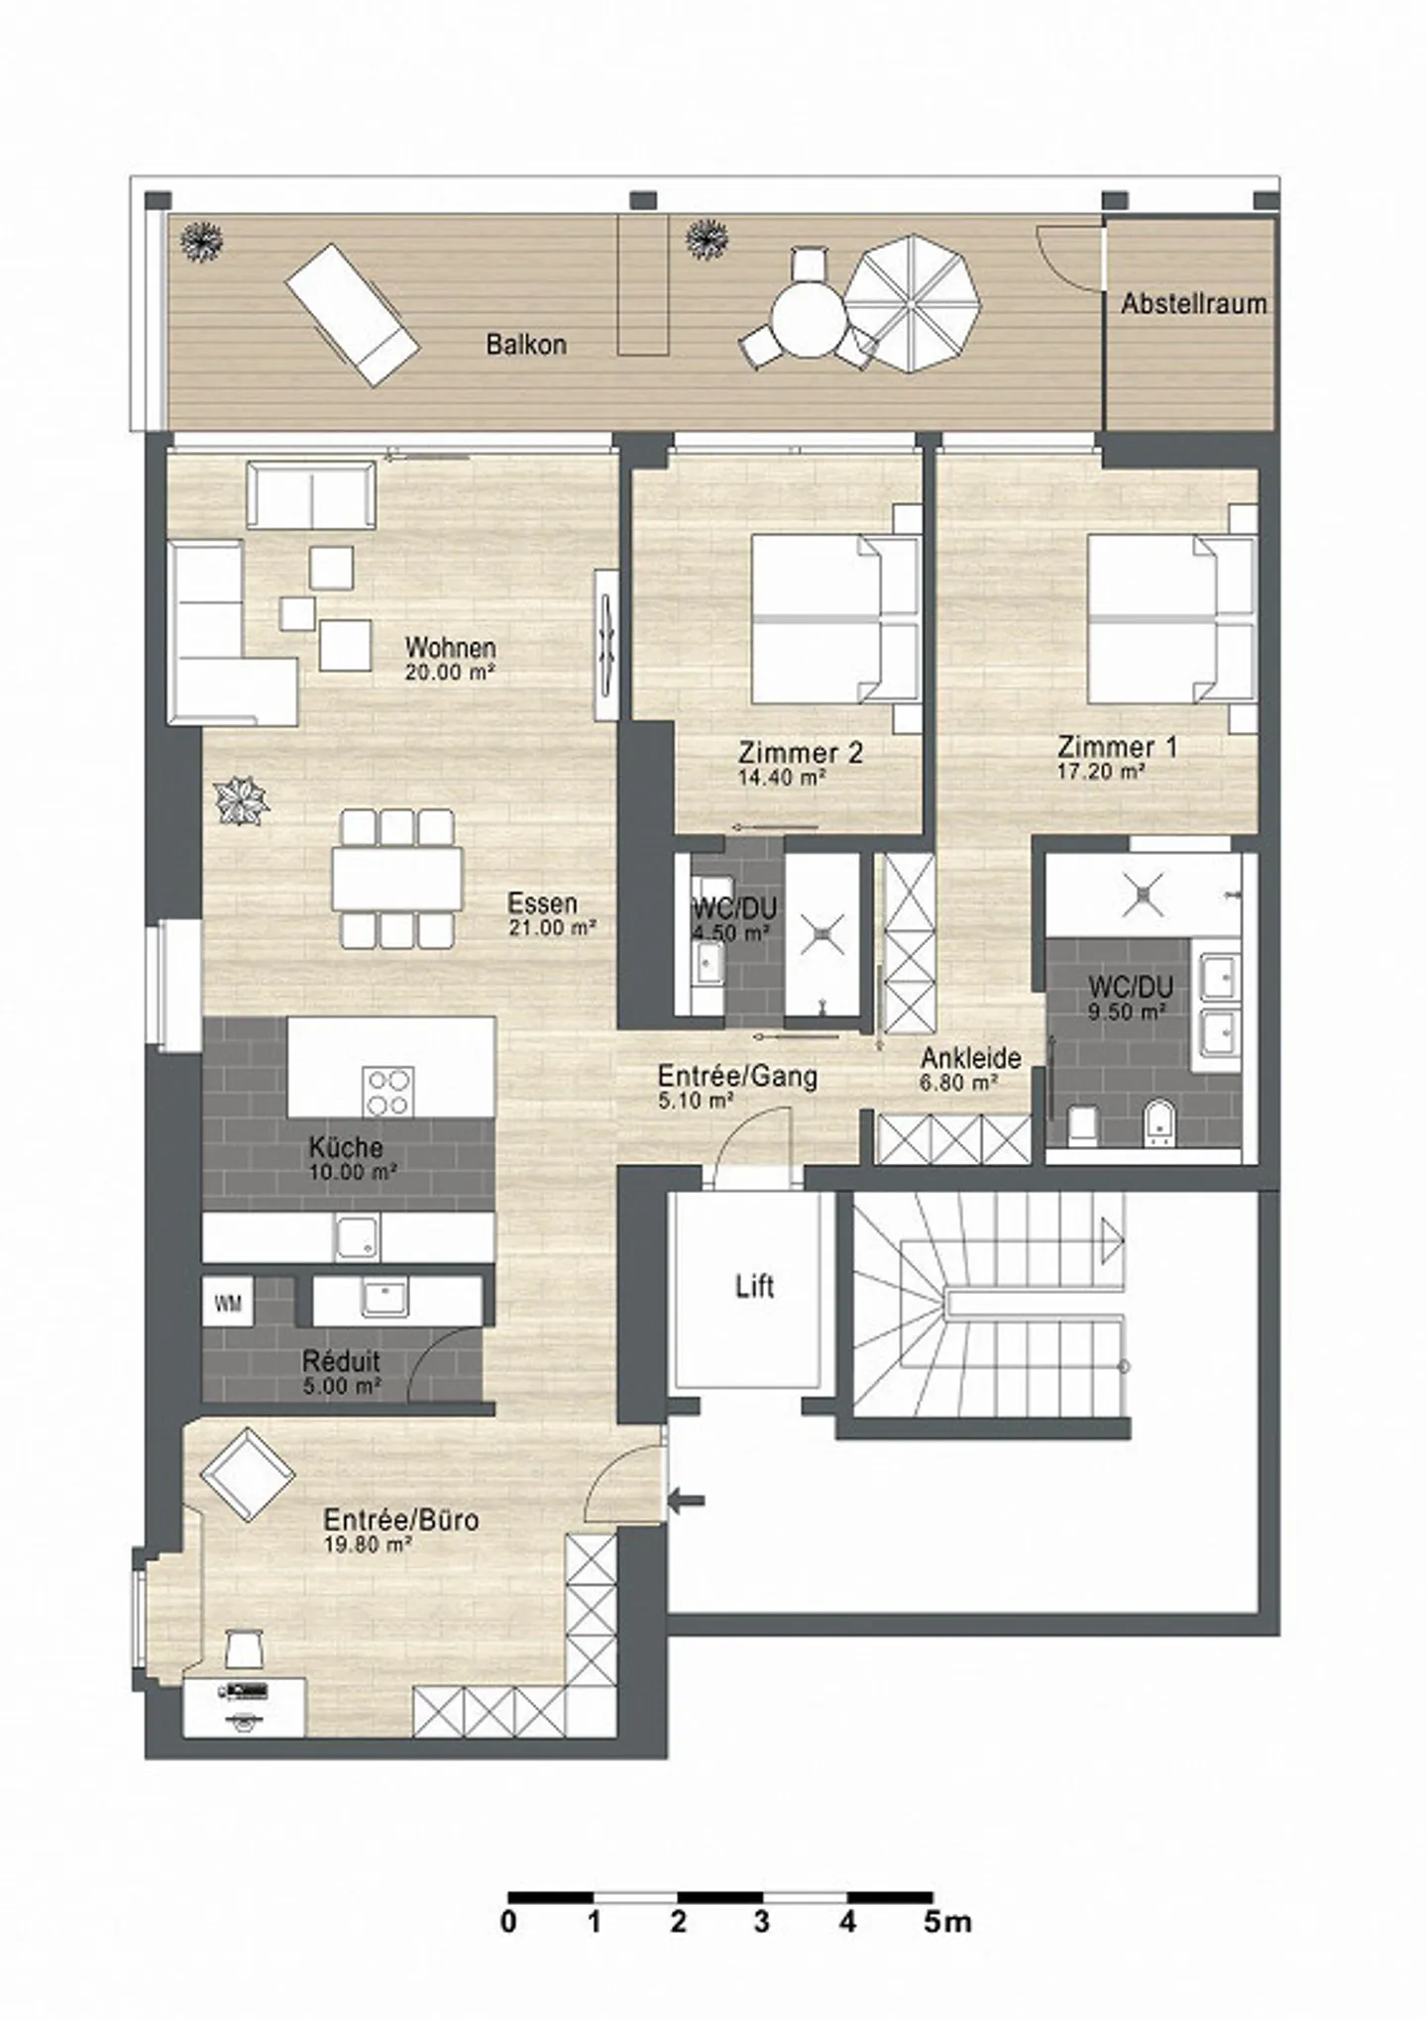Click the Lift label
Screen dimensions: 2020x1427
tap(754, 1287)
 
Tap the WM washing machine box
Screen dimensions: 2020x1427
tap(228, 1304)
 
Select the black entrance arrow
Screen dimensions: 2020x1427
tap(686, 1501)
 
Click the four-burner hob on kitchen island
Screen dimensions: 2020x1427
tap(387, 1091)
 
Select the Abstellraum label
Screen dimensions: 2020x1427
tap(1193, 303)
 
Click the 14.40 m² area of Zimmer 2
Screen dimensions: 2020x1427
tap(782, 778)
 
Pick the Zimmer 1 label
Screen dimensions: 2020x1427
tap(1117, 746)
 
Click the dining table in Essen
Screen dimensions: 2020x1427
tap(397, 878)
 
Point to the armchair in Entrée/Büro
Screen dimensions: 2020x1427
tap(248, 1474)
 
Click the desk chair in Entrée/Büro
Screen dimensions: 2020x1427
tap(243, 1648)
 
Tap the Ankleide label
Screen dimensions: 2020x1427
tap(970, 1057)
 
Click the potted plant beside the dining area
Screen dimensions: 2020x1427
tap(242, 798)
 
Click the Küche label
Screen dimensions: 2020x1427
tap(346, 1147)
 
